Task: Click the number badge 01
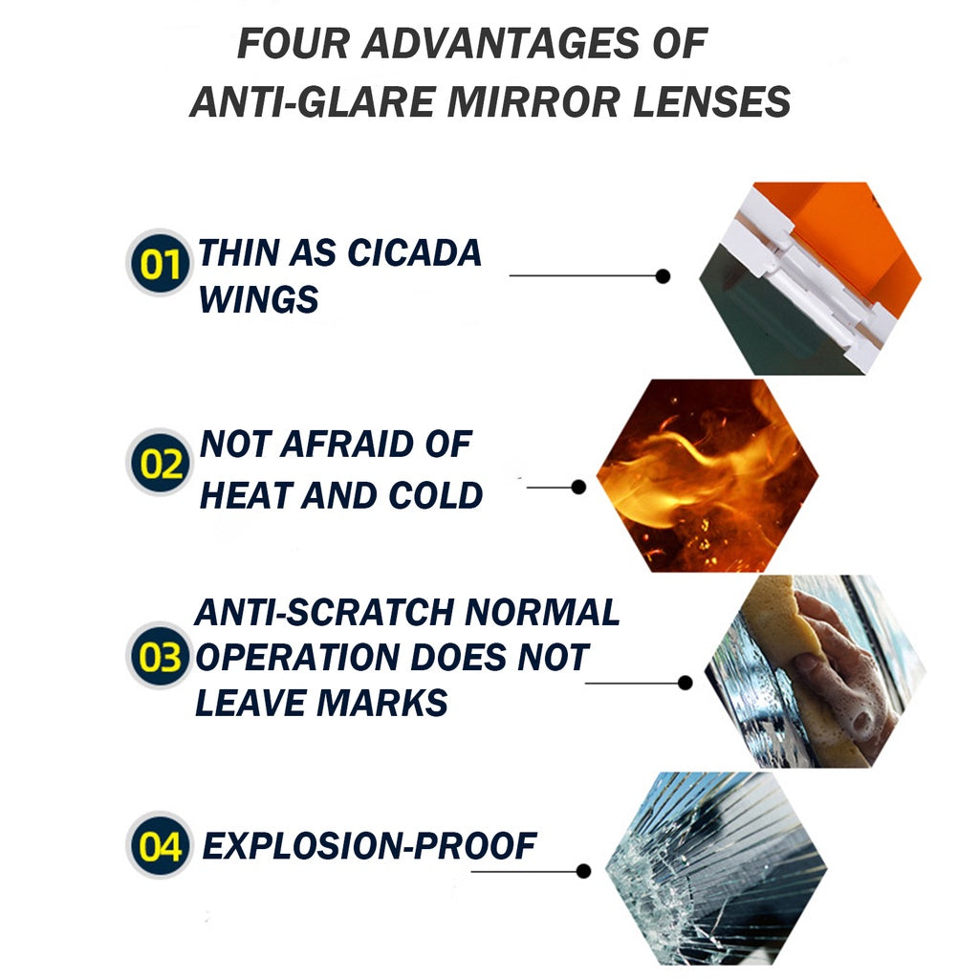(160, 264)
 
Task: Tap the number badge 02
(160, 463)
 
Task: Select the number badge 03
(160, 656)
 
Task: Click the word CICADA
(414, 252)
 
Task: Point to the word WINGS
(258, 299)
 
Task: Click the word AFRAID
(346, 445)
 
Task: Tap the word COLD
(435, 495)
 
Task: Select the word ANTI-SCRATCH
(324, 612)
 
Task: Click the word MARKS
(382, 703)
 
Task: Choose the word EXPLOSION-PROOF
(369, 846)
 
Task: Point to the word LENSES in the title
(711, 101)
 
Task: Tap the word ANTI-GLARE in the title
(313, 101)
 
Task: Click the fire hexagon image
(707, 475)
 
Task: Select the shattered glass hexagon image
(716, 868)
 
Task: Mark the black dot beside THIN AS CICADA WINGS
(664, 276)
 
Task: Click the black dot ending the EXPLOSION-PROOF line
(584, 871)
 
